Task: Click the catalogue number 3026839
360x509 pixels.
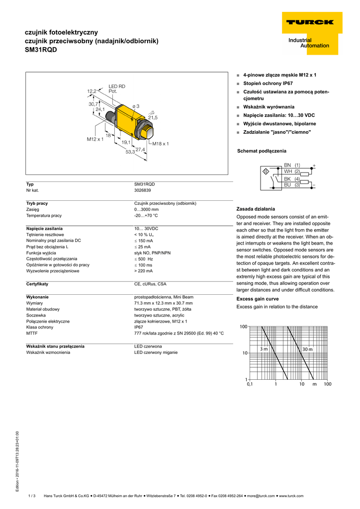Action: coord(143,190)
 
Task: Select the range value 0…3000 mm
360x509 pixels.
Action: coord(146,209)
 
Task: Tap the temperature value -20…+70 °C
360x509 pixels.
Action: coord(146,216)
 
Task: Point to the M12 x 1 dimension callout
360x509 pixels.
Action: coord(95,139)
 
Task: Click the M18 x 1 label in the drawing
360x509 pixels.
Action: coord(160,144)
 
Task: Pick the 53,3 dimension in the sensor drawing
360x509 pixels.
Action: coord(130,152)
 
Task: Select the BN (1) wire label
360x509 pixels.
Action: coord(292,165)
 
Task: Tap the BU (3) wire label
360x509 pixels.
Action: coord(292,185)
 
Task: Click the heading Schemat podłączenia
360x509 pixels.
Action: coord(262,151)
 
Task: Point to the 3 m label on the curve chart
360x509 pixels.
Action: coord(264,349)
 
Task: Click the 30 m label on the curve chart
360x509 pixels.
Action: coord(307,349)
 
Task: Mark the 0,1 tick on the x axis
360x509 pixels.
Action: coord(250,384)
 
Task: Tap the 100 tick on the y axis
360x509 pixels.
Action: coord(244,327)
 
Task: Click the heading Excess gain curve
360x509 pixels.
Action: coord(258,299)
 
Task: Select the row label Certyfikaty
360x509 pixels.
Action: coord(37,284)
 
